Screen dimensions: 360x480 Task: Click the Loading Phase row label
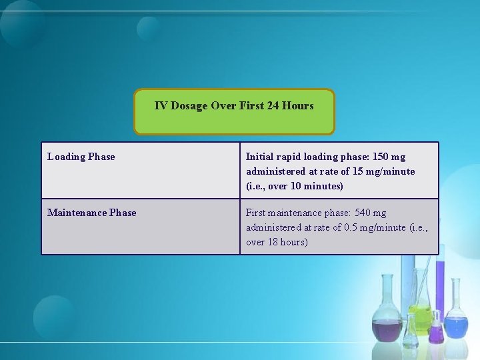click(81, 157)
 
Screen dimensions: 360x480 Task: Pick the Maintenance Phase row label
click(92, 213)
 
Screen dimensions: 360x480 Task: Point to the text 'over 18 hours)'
click(277, 242)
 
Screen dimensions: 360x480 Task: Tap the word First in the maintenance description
click(256, 213)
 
